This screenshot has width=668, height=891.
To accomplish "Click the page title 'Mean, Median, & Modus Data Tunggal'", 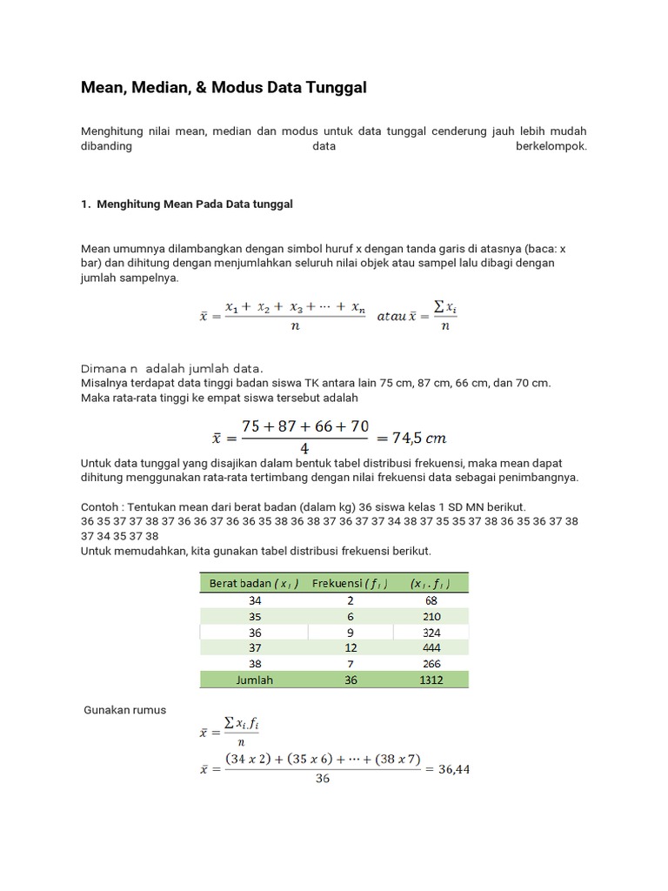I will click(224, 88).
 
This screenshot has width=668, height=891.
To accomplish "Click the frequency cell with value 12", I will click(351, 648).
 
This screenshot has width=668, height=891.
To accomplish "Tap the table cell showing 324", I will click(431, 632).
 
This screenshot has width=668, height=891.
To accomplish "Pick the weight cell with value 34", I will click(254, 600).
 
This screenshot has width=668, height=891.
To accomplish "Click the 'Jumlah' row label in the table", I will click(254, 680).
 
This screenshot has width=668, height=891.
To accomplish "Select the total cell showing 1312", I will click(431, 680).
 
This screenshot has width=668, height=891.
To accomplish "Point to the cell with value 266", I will click(431, 664).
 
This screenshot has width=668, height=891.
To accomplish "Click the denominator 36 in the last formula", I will click(322, 780).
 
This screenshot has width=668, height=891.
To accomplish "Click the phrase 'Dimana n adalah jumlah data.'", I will click(171, 367).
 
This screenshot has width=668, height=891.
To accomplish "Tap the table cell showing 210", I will click(431, 616).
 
